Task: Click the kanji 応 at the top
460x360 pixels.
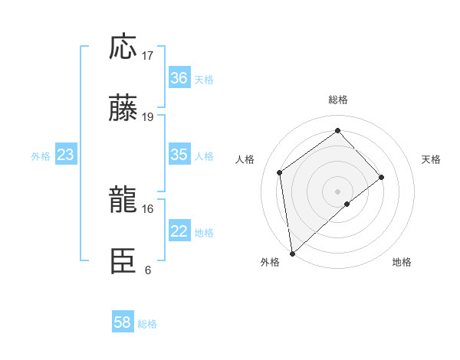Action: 123,47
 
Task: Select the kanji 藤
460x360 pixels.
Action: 123,109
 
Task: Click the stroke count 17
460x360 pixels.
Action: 149,56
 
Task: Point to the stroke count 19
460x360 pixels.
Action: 149,117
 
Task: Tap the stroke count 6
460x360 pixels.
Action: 148,270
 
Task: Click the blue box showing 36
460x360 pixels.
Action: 179,78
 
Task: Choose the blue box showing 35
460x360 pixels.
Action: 179,155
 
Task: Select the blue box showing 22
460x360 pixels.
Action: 179,232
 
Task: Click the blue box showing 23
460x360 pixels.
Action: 66,155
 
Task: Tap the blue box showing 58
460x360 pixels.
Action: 123,322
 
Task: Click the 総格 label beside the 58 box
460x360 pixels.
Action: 147,324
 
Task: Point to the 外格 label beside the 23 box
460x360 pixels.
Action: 41,156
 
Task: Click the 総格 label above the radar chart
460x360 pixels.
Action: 338,100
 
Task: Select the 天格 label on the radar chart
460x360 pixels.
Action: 431,159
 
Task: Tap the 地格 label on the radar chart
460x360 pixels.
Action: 402,262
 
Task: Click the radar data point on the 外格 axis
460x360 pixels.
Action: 292,253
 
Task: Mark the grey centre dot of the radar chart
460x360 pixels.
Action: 338,190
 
